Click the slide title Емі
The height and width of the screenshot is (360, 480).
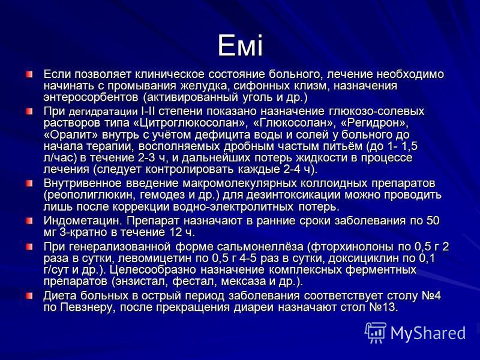(241, 46)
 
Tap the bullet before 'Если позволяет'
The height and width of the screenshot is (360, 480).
(29, 74)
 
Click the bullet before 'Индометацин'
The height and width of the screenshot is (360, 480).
(29, 221)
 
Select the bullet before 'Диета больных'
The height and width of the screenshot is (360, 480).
(29, 296)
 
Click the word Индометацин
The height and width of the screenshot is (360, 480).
(83, 221)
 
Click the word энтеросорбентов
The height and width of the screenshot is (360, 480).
(91, 98)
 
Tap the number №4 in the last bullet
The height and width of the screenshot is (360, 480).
(431, 296)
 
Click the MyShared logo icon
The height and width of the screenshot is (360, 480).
(376, 332)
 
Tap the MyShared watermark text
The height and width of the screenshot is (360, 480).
(428, 333)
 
